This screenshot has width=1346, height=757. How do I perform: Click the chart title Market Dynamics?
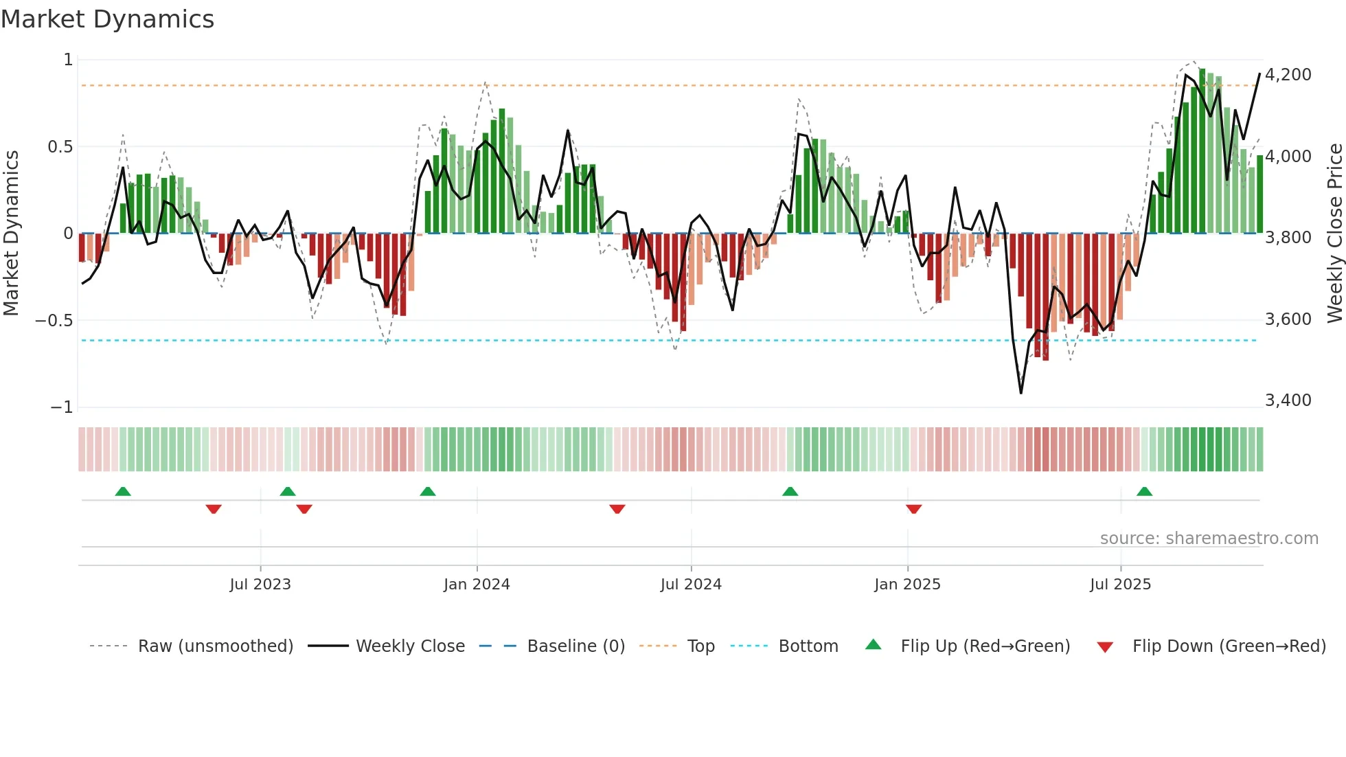click(107, 19)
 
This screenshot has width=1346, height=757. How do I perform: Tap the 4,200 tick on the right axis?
click(1288, 74)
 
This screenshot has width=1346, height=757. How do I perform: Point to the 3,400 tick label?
click(1288, 400)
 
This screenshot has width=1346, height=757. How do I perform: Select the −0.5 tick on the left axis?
click(54, 320)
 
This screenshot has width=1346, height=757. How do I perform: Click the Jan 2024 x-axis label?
click(477, 584)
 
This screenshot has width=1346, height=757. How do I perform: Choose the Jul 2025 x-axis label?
click(1120, 584)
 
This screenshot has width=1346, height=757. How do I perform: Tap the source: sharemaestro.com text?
click(1209, 538)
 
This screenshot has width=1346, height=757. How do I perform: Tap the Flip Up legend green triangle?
click(873, 644)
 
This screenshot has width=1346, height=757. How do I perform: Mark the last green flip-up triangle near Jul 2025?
click(1144, 491)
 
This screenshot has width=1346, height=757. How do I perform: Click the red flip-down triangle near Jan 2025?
click(913, 509)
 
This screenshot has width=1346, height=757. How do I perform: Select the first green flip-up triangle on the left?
click(123, 491)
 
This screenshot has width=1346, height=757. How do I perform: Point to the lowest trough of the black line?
click(1021, 393)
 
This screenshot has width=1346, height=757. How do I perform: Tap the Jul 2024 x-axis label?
click(691, 584)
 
